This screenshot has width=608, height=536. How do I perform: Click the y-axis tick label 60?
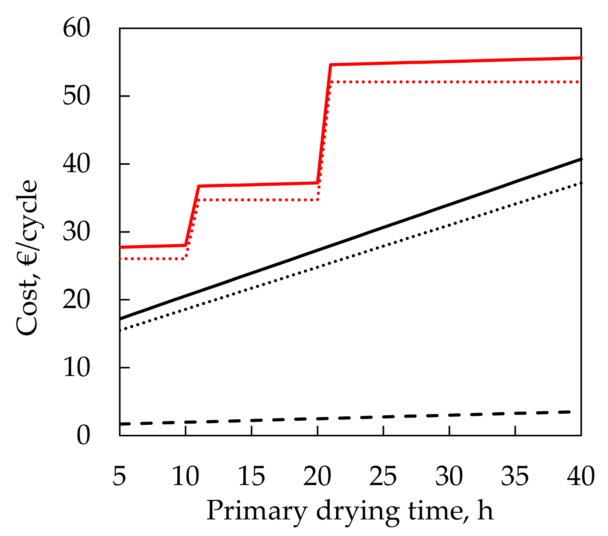pyautogui.click(x=77, y=29)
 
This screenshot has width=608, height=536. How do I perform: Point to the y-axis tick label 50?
pyautogui.click(x=77, y=97)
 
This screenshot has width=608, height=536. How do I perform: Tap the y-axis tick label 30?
pyautogui.click(x=77, y=232)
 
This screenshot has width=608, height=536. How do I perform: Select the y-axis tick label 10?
pyautogui.click(x=77, y=368)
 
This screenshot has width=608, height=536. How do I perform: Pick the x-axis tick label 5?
pyautogui.click(x=119, y=476)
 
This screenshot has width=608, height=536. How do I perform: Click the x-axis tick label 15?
pyautogui.click(x=252, y=476)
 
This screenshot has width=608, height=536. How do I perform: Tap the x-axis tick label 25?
pyautogui.click(x=383, y=476)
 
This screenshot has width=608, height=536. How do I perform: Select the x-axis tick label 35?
pyautogui.click(x=515, y=476)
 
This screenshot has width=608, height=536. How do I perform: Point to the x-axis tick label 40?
pyautogui.click(x=581, y=476)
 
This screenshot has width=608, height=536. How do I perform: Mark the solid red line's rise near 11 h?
pyautogui.click(x=192, y=216)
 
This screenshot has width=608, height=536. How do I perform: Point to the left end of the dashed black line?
pyautogui.click(x=121, y=424)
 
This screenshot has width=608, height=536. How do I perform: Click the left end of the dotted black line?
pyautogui.click(x=120, y=330)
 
